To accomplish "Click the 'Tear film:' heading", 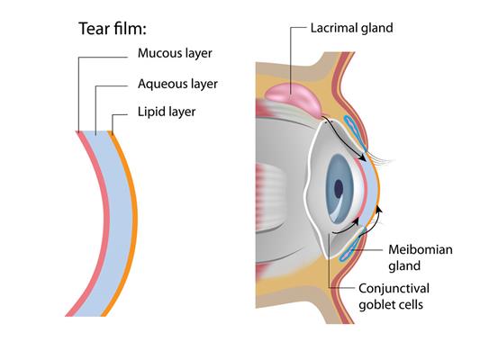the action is [113, 29].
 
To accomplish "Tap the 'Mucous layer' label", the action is [175, 53].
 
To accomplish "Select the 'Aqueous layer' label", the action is [177, 84].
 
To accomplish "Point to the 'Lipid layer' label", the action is [167, 112].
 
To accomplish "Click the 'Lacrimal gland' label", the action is [352, 28].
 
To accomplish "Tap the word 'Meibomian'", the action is [421, 249].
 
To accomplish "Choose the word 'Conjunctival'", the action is [394, 288].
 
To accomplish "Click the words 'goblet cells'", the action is [391, 304].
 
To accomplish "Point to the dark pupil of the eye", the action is [339, 189].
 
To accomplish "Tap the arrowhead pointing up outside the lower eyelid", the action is [379, 209].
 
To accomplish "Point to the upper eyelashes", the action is [381, 157].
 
